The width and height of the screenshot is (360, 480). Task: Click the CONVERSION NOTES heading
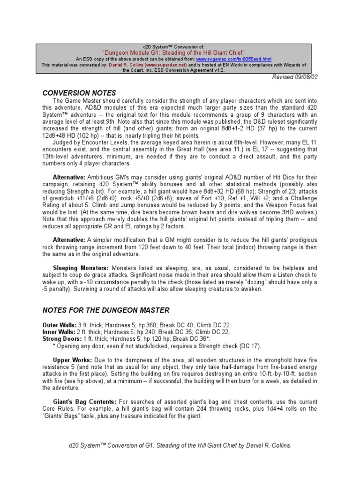(79, 93)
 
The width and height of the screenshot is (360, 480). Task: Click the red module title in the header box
(180, 53)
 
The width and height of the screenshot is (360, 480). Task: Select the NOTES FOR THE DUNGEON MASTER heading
(105, 310)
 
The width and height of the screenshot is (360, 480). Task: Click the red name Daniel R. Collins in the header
(125, 65)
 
